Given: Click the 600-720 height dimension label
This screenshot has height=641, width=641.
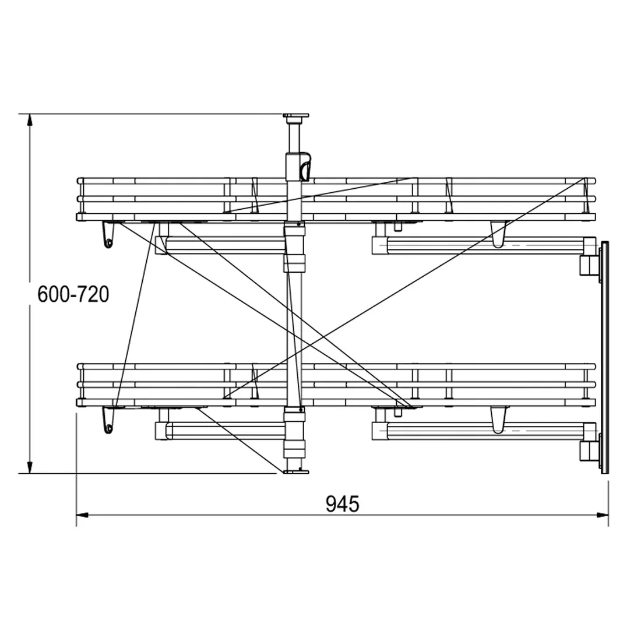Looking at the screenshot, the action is coord(73,294).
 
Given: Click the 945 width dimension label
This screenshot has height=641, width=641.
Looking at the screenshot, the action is coord(342,504).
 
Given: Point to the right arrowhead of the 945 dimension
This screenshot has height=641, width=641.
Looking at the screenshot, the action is coord(602,515).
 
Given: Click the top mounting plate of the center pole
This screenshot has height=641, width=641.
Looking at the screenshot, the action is coord(295,117).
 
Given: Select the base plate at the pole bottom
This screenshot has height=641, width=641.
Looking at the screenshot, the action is coord(295,472).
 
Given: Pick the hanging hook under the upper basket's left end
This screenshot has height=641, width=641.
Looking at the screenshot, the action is coord(108,235).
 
